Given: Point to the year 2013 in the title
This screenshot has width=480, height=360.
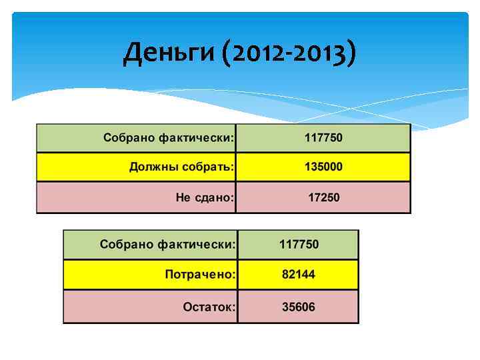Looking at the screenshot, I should pos(318,54).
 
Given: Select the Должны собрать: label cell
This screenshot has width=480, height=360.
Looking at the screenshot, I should pos(181,167).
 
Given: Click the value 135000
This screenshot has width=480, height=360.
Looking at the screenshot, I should pos(323,167).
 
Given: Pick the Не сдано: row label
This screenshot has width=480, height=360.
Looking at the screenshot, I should pos(205,197).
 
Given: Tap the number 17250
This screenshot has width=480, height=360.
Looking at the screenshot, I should pos(323,197).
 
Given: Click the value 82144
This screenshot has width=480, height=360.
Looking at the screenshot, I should pos(298,274).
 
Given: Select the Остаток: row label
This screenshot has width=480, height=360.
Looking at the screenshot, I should pos(209,307).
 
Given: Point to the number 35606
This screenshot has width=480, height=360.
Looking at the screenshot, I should pos(298,307).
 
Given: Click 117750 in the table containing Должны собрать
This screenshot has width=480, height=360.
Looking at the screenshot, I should pos(323,138).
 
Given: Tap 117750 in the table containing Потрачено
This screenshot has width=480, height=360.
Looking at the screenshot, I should pos(298,244).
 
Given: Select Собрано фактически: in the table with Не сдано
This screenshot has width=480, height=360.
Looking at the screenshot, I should pos(169,138).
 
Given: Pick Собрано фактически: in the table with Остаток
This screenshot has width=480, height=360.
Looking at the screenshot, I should pos(168,244).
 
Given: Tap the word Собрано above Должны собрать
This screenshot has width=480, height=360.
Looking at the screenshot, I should pos(128,138).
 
